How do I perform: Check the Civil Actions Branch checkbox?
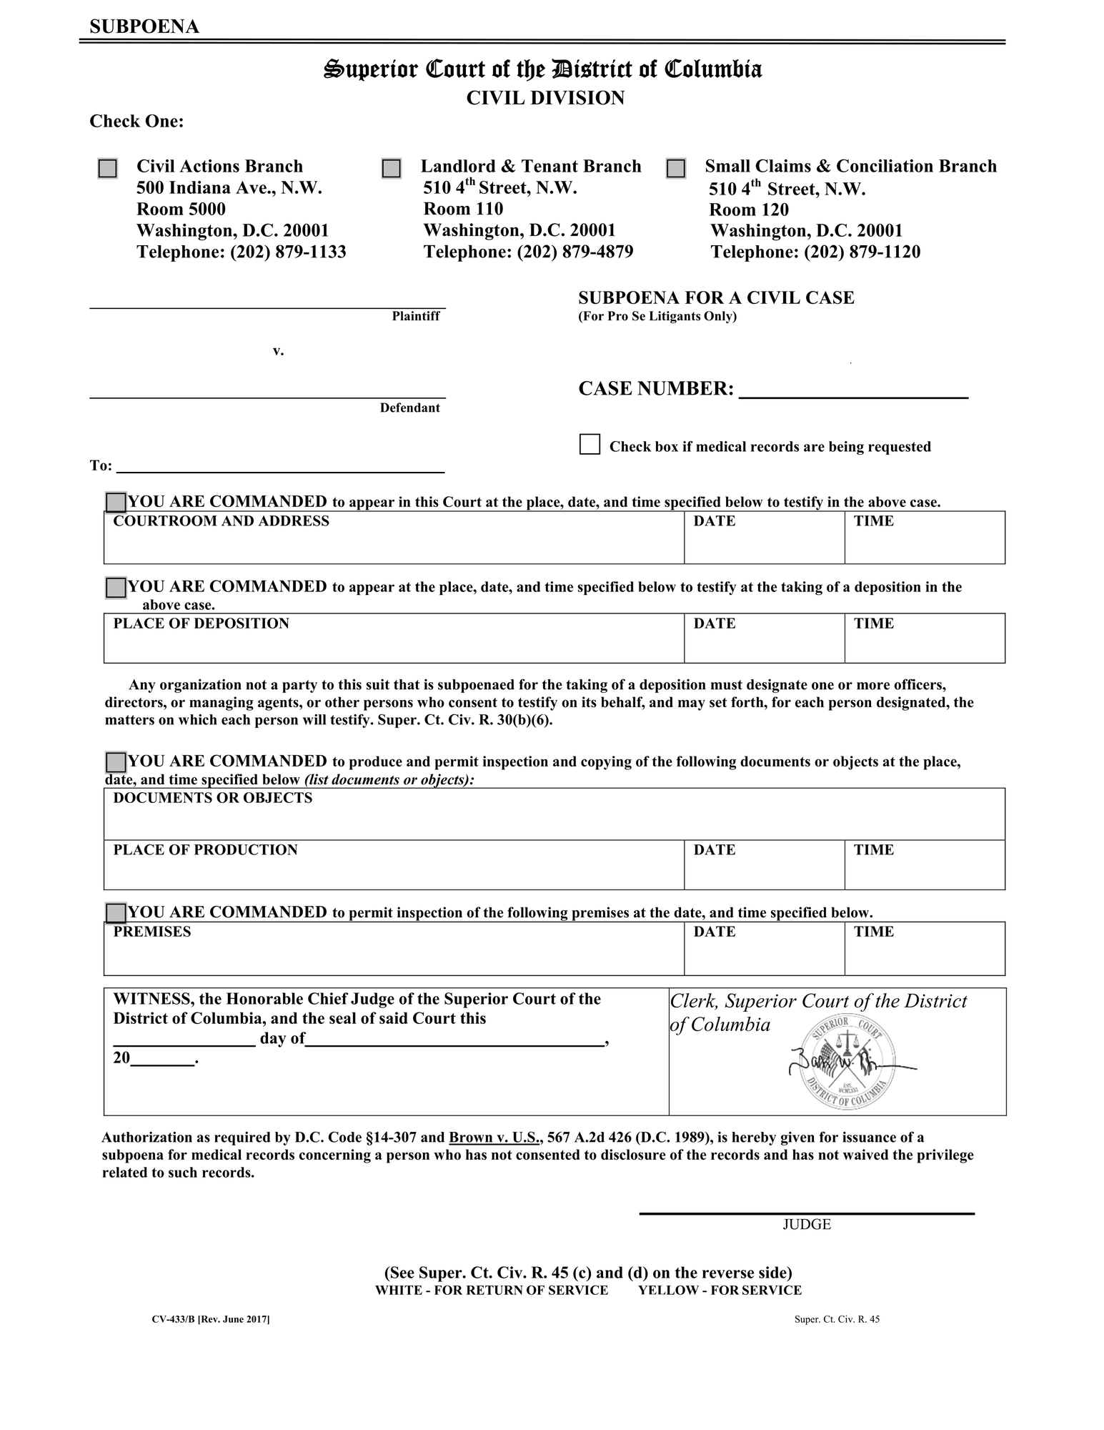pyautogui.click(x=107, y=169)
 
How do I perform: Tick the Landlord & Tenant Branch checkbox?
pyautogui.click(x=391, y=169)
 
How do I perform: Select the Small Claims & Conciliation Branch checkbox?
pyautogui.click(x=675, y=169)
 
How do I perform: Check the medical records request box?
pyautogui.click(x=590, y=444)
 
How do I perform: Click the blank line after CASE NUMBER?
pyautogui.click(x=853, y=390)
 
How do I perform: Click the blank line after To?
pyautogui.click(x=280, y=466)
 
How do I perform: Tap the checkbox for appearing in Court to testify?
pyautogui.click(x=116, y=503)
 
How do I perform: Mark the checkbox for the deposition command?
pyautogui.click(x=116, y=588)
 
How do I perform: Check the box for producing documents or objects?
pyautogui.click(x=116, y=762)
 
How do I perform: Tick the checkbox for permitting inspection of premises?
pyautogui.click(x=116, y=913)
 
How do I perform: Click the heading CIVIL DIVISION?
pyautogui.click(x=545, y=98)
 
